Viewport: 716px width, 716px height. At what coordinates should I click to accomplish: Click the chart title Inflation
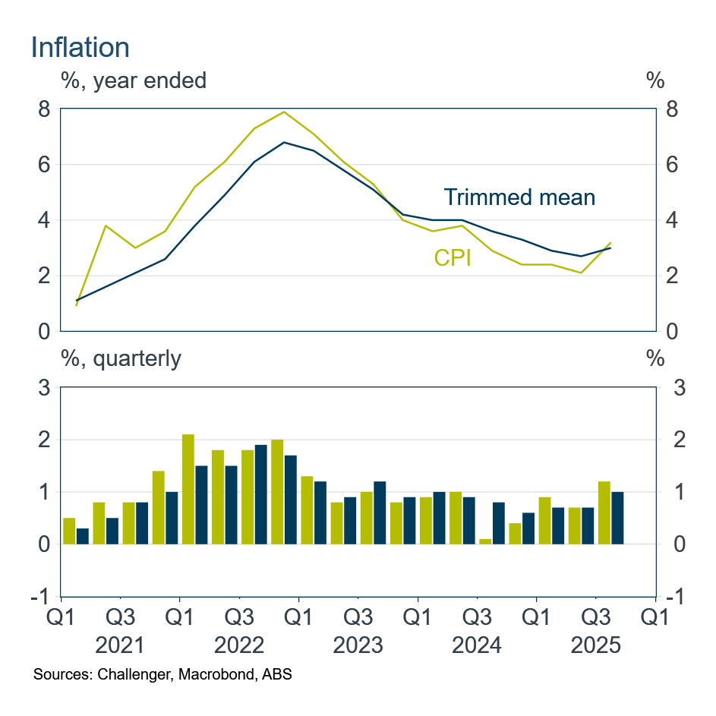click(x=80, y=47)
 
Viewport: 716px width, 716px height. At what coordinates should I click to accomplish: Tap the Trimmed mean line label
click(x=519, y=197)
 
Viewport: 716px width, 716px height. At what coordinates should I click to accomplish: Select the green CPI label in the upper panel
click(x=453, y=258)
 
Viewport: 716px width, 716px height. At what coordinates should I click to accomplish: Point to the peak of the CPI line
click(x=284, y=112)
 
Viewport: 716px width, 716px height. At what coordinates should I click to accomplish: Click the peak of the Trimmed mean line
click(x=284, y=143)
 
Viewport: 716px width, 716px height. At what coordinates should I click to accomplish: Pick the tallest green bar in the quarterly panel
click(x=188, y=489)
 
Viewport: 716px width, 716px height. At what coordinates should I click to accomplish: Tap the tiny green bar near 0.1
click(x=486, y=541)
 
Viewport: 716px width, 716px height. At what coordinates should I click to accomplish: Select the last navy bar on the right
click(x=617, y=518)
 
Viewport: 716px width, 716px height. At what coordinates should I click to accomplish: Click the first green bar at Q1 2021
click(x=69, y=531)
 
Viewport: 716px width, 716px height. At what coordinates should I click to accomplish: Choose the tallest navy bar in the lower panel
click(x=260, y=494)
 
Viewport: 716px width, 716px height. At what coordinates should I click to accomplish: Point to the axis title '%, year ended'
click(x=134, y=80)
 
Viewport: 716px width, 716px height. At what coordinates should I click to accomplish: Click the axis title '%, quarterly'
click(x=121, y=358)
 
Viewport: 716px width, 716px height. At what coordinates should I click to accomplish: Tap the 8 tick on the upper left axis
click(x=45, y=109)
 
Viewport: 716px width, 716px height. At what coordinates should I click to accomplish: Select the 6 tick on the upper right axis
click(x=670, y=165)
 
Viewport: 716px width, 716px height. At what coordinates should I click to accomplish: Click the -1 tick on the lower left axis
click(x=41, y=597)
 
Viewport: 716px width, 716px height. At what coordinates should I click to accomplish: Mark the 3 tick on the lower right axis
click(x=670, y=388)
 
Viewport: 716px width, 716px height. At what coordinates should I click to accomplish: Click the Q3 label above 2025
click(x=595, y=616)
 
